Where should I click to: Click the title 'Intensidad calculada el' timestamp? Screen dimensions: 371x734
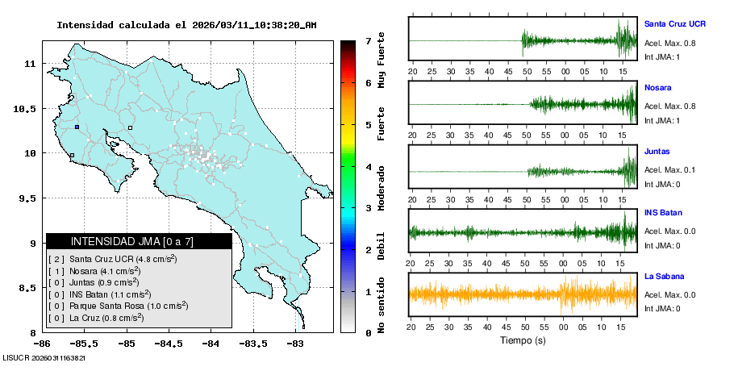(186, 25)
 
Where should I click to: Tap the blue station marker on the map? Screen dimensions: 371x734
(77, 127)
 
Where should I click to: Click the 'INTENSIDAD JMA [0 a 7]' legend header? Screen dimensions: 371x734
(139, 241)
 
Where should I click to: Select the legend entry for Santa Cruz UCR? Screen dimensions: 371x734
(114, 259)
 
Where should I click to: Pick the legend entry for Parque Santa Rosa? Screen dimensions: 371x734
(119, 306)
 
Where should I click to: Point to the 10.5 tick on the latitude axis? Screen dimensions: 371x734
(27, 108)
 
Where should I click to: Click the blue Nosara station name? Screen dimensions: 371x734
(658, 87)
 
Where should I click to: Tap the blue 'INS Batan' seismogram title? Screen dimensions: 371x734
(662, 213)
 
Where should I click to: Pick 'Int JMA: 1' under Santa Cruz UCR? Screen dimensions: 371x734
(662, 56)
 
